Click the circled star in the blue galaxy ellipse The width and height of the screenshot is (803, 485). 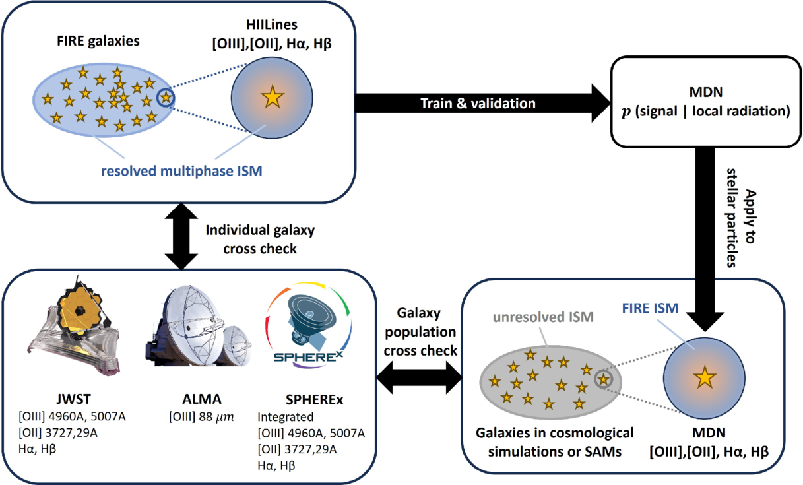[166, 98]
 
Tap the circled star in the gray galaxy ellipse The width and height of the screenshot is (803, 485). [602, 379]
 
